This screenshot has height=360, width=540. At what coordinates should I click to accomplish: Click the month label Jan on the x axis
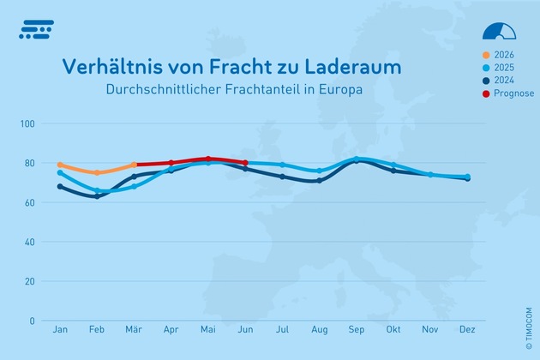(60, 329)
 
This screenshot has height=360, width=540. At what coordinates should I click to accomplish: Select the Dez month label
(467, 329)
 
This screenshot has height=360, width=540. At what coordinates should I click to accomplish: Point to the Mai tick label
(207, 329)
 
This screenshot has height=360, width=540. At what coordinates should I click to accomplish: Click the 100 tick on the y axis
(27, 123)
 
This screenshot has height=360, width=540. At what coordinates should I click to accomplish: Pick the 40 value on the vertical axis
(29, 242)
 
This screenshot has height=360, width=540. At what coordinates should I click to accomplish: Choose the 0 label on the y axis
(32, 321)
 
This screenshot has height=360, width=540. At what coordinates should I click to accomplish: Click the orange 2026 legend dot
(486, 54)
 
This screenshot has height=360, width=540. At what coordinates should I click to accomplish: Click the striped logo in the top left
(36, 29)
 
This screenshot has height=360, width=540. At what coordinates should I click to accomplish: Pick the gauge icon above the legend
(500, 31)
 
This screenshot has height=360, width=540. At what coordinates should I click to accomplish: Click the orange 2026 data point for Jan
(60, 165)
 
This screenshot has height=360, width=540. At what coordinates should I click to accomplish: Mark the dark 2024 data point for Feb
(97, 196)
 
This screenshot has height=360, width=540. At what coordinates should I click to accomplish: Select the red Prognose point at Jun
(245, 163)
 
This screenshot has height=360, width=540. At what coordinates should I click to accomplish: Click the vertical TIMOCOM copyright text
(517, 311)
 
